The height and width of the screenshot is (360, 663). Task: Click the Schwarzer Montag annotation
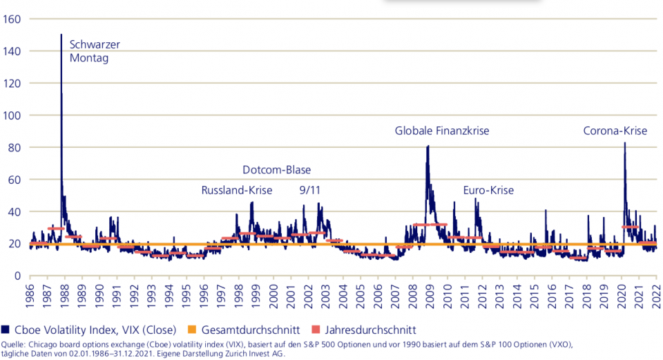pyautogui.click(x=95, y=51)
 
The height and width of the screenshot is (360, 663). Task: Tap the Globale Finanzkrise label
pyautogui.click(x=446, y=131)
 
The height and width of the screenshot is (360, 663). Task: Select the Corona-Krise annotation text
pyautogui.click(x=615, y=131)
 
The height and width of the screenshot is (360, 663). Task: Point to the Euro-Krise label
pyautogui.click(x=488, y=190)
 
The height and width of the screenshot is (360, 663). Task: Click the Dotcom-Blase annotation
pyautogui.click(x=276, y=170)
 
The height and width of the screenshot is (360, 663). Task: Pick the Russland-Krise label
pyautogui.click(x=237, y=190)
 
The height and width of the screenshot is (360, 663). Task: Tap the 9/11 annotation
pyautogui.click(x=309, y=190)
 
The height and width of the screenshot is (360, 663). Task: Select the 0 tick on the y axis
pyautogui.click(x=18, y=276)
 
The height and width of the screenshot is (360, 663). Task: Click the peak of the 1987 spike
pyautogui.click(x=61, y=35)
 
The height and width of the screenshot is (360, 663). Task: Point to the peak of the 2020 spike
pyautogui.click(x=625, y=143)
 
